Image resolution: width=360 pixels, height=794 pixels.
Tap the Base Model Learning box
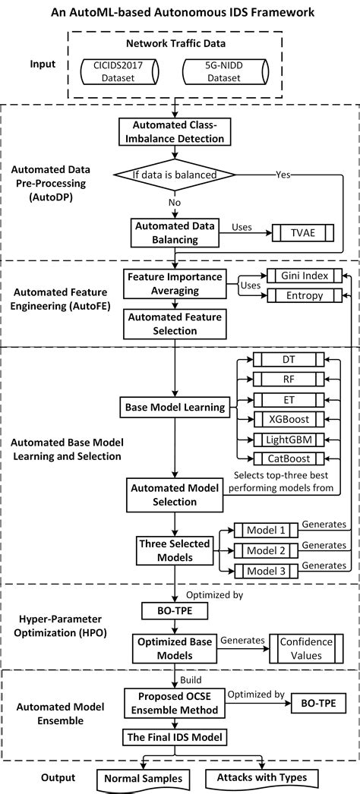point(175,408)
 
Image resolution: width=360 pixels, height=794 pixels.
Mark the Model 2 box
point(262,550)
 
